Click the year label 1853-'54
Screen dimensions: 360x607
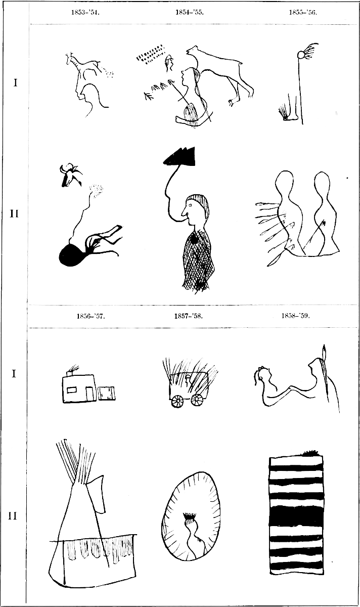[x=85, y=13]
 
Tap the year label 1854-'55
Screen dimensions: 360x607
[x=189, y=13]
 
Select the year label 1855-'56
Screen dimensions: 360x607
[x=303, y=13]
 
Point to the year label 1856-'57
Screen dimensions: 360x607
[x=91, y=316]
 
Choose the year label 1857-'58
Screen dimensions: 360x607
[x=189, y=316]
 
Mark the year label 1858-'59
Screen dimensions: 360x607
[x=295, y=316]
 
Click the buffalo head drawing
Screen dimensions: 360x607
[x=70, y=175]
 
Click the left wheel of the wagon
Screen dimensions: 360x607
[x=177, y=401]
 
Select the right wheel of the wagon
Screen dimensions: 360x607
[x=197, y=400]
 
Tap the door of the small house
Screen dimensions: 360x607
[x=89, y=394]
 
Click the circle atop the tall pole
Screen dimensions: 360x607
[x=300, y=55]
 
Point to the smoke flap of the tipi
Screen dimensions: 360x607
[x=98, y=491]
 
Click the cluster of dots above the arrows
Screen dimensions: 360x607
[x=151, y=54]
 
